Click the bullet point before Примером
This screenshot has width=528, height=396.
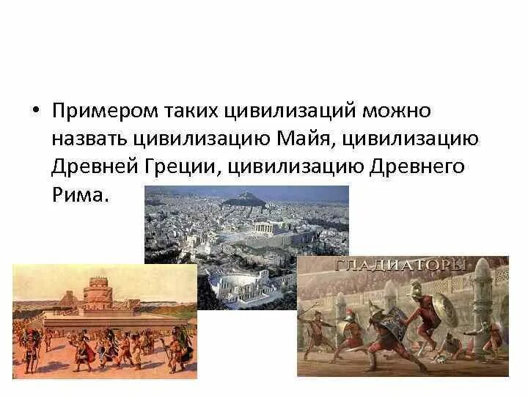point(36,110)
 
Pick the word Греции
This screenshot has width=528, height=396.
point(181,166)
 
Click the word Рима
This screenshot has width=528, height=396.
point(81,194)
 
